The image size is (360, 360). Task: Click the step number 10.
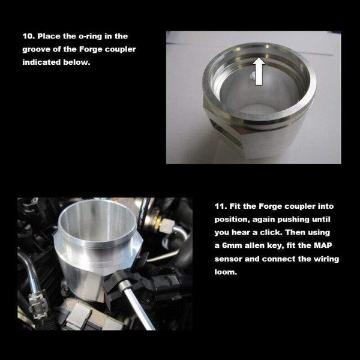pyautogui.click(x=28, y=36)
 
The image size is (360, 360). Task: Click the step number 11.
pyautogui.click(x=219, y=205)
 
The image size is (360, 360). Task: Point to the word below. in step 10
pyautogui.click(x=77, y=62)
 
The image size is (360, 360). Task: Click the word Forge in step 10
pyautogui.click(x=94, y=49)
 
